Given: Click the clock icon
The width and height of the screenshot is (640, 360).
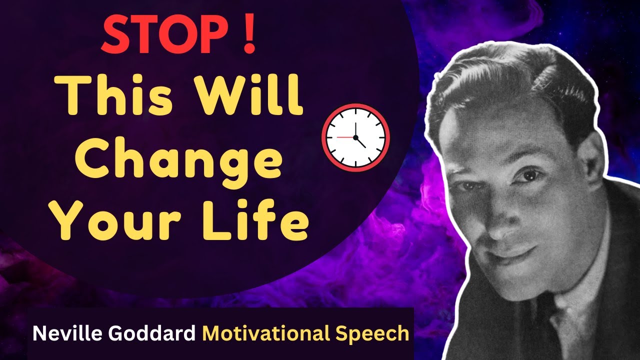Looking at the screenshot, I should click(x=355, y=137).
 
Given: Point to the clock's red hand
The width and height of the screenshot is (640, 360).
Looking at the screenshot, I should click(x=345, y=136).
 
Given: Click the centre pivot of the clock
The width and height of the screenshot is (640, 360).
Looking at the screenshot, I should click(x=355, y=137).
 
